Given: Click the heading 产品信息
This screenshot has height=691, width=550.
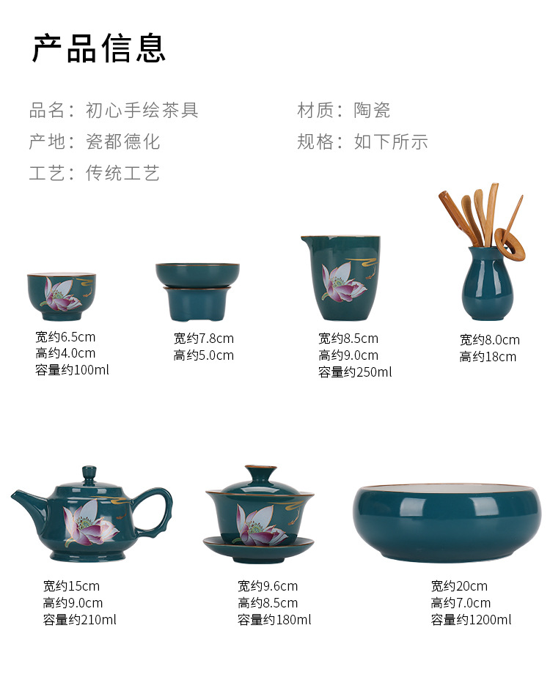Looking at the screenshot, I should (x=99, y=48).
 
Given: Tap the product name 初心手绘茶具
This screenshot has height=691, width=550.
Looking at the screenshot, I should (x=142, y=111).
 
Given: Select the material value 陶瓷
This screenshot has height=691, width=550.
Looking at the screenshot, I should (x=372, y=111).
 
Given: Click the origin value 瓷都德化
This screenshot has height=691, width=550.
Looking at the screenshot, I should (x=122, y=141).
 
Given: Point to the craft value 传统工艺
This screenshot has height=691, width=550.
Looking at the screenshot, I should (x=122, y=173).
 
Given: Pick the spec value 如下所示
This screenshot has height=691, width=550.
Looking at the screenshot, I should (x=391, y=141).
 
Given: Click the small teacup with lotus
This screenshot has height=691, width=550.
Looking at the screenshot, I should (x=62, y=296).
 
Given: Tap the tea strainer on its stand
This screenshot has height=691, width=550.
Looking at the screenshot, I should (x=197, y=292).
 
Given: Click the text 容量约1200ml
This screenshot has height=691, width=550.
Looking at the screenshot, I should (x=471, y=620).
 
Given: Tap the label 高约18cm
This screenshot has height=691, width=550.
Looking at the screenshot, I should (x=488, y=357).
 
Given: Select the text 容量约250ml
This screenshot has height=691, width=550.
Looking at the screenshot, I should (x=355, y=372).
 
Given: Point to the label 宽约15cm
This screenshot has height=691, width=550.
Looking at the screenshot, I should (x=71, y=585).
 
